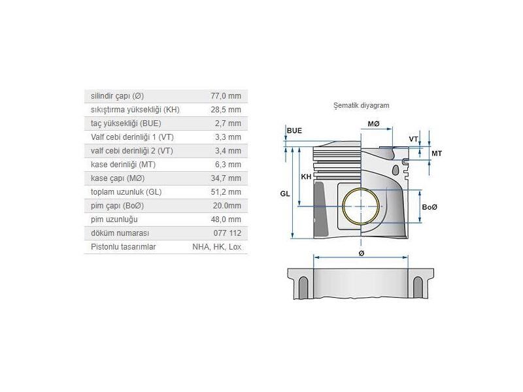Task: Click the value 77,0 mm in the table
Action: [x=226, y=96]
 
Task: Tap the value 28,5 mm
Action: [x=226, y=110]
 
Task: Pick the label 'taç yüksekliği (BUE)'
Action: [x=126, y=123]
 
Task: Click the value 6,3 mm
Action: [x=228, y=165]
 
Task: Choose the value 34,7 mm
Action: [x=226, y=178]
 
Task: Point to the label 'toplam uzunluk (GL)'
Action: [x=126, y=192]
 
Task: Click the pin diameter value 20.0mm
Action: [x=227, y=206]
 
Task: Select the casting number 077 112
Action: [x=228, y=233]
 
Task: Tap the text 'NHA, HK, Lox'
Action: [x=217, y=247]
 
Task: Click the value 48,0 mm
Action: [x=226, y=220]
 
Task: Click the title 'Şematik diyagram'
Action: [x=361, y=105]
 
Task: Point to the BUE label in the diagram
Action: [x=294, y=131]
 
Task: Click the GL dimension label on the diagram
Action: [x=284, y=194]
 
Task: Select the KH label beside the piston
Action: [x=306, y=177]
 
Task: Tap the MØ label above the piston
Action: [x=373, y=124]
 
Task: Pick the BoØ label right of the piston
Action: [x=430, y=207]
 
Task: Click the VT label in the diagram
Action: [x=414, y=139]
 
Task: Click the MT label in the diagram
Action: [x=437, y=153]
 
